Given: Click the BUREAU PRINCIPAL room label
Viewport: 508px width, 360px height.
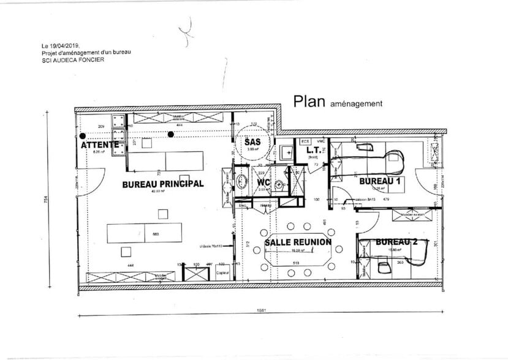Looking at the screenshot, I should coord(162,184).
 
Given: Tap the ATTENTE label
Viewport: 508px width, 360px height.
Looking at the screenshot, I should coord(99,145).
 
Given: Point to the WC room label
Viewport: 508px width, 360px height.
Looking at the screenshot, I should coord(264,183).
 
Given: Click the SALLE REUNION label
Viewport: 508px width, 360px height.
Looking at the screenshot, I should coord(298,242).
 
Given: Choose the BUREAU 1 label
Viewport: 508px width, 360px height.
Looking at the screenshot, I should coord(380,182).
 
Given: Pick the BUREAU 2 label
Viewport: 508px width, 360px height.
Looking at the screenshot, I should coord(396,242).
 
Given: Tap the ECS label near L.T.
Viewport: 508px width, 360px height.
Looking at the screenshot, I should coord(305,141).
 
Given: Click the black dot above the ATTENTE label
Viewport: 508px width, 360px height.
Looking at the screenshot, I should coord(82,136).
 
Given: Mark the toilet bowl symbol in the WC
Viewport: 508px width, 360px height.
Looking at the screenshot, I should coord(280,184).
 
